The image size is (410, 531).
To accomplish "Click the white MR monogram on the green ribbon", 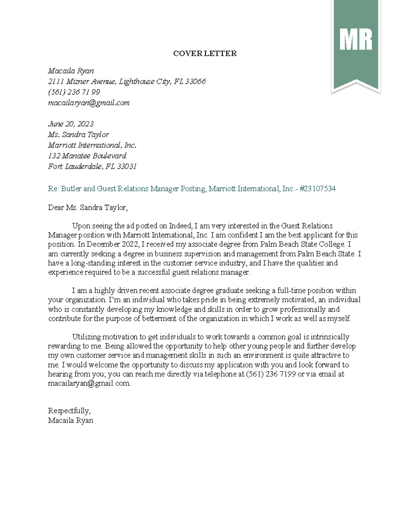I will (x=356, y=40).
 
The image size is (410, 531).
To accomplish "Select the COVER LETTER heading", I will (x=205, y=53).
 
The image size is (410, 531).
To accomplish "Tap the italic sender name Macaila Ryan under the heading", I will (x=71, y=71).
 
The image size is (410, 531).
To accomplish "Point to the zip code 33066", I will (x=195, y=81).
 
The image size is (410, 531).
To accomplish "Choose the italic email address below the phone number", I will (x=88, y=103).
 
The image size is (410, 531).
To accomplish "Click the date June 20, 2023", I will (x=71, y=124).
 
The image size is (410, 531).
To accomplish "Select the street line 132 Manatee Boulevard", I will (x=87, y=156).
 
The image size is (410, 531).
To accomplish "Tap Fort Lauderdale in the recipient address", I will (x=75, y=166).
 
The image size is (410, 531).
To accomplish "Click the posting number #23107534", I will (x=317, y=188).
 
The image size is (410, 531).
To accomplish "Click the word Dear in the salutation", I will (x=56, y=207).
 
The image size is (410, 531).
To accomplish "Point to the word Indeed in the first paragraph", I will (x=180, y=226).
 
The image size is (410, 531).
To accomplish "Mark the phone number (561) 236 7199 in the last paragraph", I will (x=271, y=374).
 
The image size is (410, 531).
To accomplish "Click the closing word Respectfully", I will (x=69, y=411).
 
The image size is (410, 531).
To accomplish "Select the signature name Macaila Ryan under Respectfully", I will (x=71, y=420).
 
